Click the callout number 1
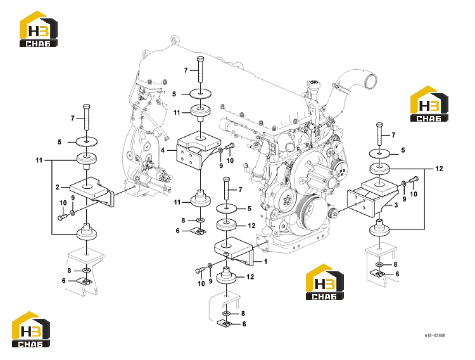(265, 261)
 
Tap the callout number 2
(58, 187)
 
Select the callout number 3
(396, 205)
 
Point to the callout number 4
(163, 150)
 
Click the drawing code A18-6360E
(434, 335)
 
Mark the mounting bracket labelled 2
(92, 191)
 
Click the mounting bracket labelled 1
(235, 250)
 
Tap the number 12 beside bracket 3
(439, 169)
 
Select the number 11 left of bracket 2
(39, 160)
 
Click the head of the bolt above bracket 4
(200, 58)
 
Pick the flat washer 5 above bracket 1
(227, 209)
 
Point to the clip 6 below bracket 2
(84, 281)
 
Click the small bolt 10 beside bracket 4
(230, 147)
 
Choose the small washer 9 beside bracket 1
(210, 266)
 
